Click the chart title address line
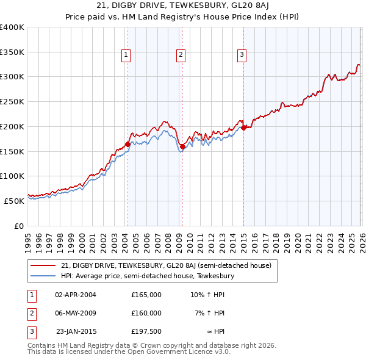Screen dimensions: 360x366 [182, 7]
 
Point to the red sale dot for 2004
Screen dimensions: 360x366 [127, 145]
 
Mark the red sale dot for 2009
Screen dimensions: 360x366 [182, 146]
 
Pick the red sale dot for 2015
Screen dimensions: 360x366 [243, 128]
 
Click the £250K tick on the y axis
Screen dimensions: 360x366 [13, 102]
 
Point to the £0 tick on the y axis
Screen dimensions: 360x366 [19, 226]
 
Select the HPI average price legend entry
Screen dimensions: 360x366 [148, 276]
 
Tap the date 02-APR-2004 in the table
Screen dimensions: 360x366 [76, 295]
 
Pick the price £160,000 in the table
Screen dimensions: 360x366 [146, 313]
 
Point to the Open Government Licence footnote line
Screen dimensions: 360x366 [129, 352]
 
